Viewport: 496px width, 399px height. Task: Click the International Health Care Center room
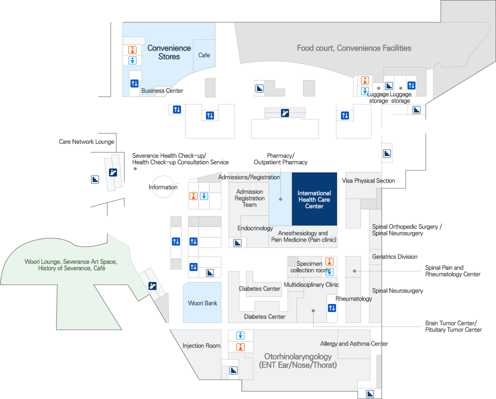pyautogui.click(x=314, y=199)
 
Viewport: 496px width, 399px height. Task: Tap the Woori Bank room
pyautogui.click(x=202, y=303)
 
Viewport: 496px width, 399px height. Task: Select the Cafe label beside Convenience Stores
pyautogui.click(x=204, y=55)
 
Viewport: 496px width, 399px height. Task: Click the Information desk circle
pyautogui.click(x=163, y=187)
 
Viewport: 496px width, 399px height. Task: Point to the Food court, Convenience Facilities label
pyautogui.click(x=354, y=48)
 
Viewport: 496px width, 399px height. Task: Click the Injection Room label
pyautogui.click(x=201, y=345)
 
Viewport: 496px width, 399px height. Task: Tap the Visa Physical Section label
pyautogui.click(x=368, y=180)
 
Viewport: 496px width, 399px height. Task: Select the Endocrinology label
pyautogui.click(x=255, y=228)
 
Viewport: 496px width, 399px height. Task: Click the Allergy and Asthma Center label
pyautogui.click(x=354, y=343)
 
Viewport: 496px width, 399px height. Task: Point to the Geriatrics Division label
pyautogui.click(x=394, y=256)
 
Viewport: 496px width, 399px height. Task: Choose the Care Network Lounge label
pyautogui.click(x=86, y=141)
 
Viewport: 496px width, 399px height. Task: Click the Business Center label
pyautogui.click(x=162, y=90)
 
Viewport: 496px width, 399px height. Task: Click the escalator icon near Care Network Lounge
pyautogui.click(x=113, y=173)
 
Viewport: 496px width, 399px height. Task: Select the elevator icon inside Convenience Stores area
pyautogui.click(x=134, y=83)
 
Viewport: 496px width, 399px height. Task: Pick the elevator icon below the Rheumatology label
pyautogui.click(x=332, y=308)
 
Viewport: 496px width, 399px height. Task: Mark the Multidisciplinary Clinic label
pyautogui.click(x=311, y=284)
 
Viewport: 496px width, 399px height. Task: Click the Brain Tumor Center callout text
pyautogui.click(x=453, y=326)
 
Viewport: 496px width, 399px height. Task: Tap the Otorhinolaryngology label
pyautogui.click(x=298, y=360)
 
